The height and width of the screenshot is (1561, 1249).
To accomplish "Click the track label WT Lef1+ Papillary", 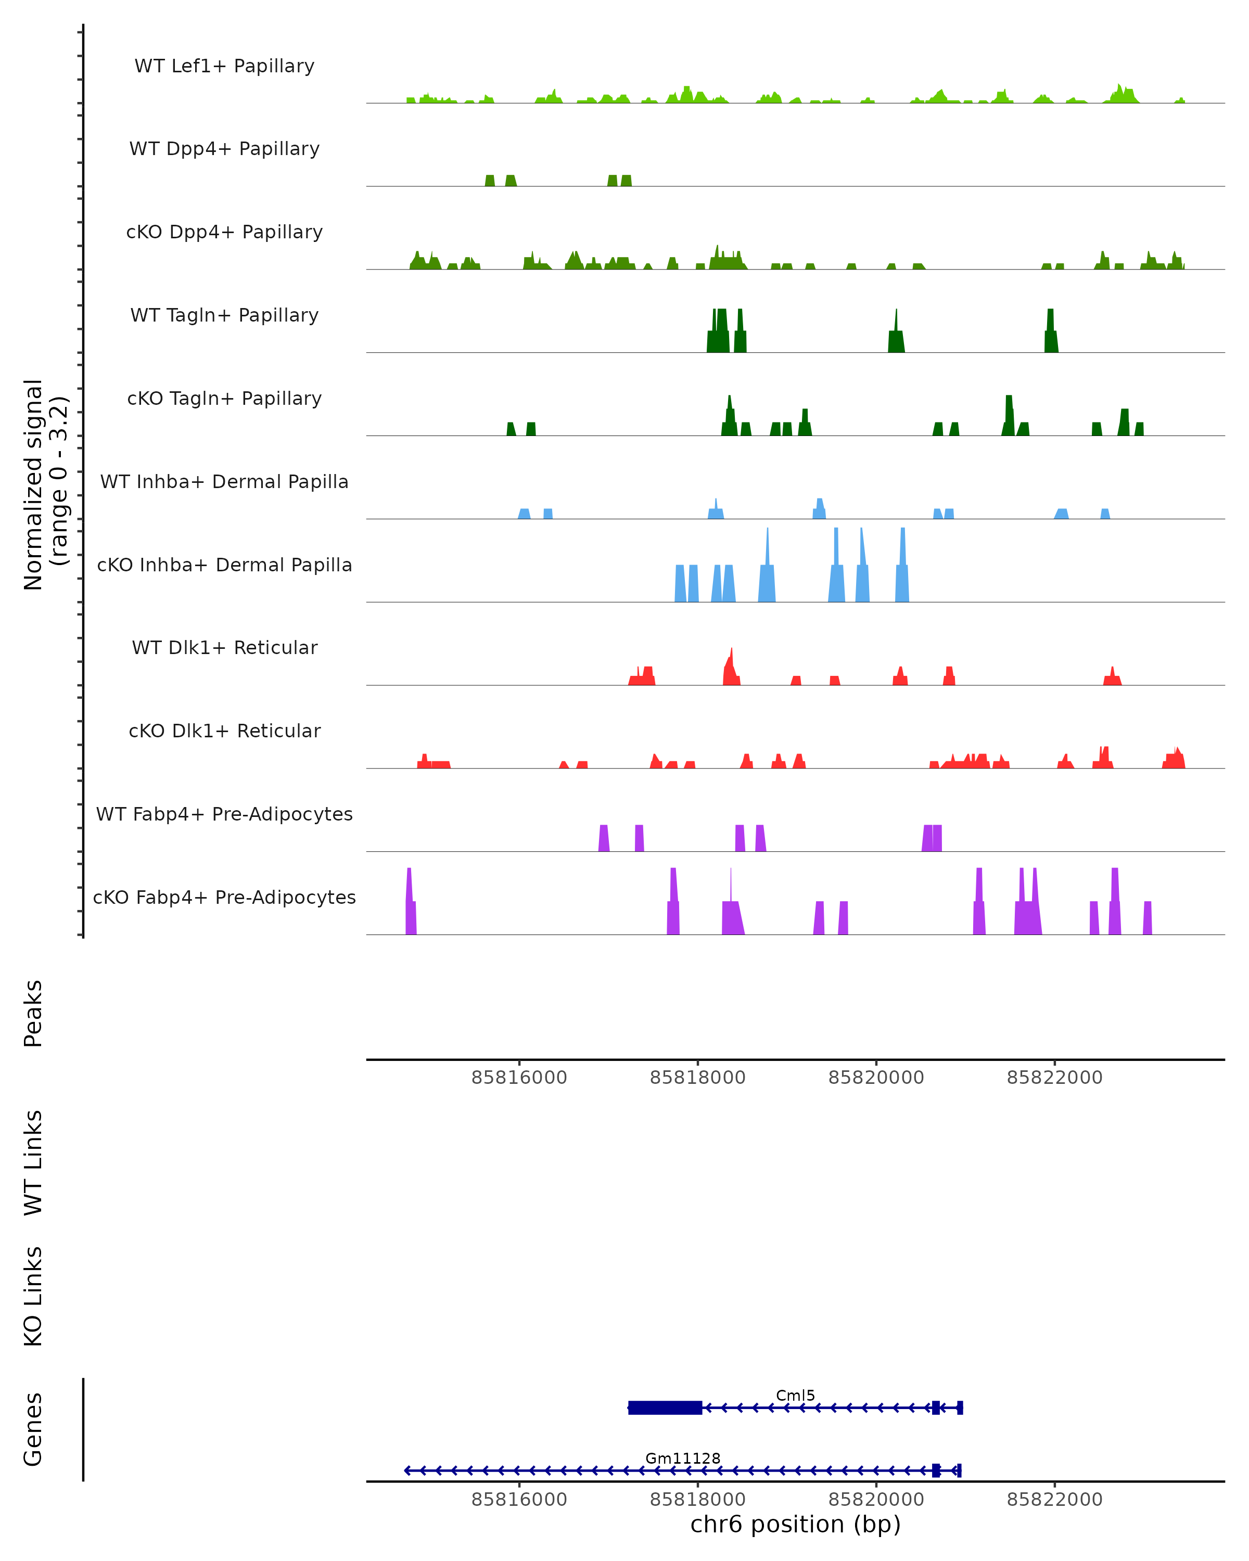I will [224, 67].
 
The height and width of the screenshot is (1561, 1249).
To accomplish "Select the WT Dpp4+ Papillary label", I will [224, 149].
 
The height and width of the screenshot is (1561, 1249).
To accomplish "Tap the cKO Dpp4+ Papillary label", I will [224, 233].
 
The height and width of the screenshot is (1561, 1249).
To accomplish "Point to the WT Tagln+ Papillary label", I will [224, 316].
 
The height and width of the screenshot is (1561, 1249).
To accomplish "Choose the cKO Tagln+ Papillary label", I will [224, 399].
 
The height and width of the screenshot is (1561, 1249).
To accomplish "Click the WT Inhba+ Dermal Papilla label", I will [224, 482].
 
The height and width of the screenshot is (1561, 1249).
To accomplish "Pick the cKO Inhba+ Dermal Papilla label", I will [224, 566].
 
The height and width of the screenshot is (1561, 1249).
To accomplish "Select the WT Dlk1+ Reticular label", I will [224, 648].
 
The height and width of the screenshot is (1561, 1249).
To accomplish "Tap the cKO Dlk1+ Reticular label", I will [224, 731].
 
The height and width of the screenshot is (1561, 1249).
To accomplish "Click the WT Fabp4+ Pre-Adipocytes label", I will [224, 814].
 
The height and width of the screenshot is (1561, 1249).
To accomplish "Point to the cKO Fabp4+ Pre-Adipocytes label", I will [224, 898].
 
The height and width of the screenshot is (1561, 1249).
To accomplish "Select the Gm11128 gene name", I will [683, 1458].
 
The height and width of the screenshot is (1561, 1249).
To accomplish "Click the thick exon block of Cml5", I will [665, 1408].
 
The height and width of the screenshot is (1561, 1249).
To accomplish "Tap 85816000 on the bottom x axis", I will [519, 1500].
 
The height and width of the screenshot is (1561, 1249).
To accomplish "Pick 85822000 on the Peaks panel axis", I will [1054, 1078].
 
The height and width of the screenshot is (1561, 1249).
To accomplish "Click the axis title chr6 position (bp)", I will [795, 1525].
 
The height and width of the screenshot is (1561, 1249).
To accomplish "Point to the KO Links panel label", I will [33, 1297].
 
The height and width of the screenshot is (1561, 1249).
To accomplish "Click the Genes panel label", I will [33, 1429].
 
